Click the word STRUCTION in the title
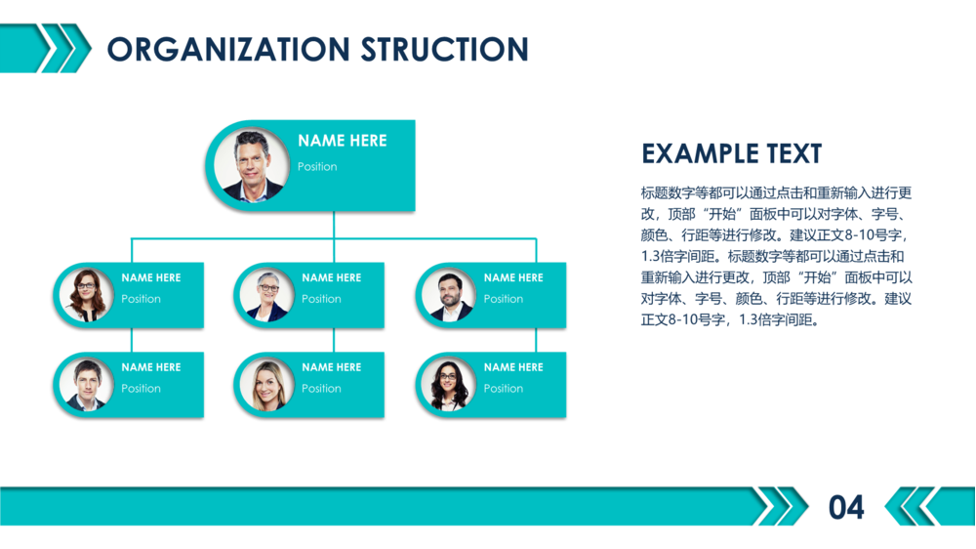[x=445, y=49]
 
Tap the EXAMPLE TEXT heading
[x=731, y=153]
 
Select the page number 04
[x=846, y=507]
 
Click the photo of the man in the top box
[x=252, y=165]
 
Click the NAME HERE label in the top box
[x=342, y=141]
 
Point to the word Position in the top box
[x=317, y=167]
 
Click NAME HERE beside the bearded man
[x=513, y=277]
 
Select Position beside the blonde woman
[x=321, y=389]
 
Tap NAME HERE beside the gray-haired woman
[x=332, y=277]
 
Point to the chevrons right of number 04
[x=915, y=507]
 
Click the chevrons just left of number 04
[x=783, y=507]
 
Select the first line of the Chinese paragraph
[x=776, y=193]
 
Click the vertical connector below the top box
[x=334, y=225]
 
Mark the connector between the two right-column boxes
[x=536, y=340]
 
